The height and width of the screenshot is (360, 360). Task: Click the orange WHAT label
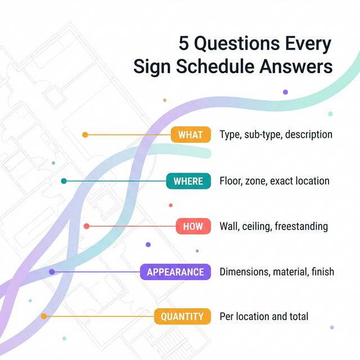[x=191, y=135]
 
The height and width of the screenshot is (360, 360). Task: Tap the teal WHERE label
[x=188, y=181]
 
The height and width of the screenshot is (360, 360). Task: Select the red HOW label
[x=193, y=226]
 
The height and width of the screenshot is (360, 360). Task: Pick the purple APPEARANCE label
[x=175, y=272]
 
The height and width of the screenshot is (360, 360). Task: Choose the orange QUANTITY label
[x=182, y=317]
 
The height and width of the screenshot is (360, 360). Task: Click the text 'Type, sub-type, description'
[x=276, y=135]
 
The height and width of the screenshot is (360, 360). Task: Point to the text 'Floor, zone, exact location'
[x=274, y=181]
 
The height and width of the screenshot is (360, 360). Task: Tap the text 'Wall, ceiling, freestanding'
[x=273, y=227]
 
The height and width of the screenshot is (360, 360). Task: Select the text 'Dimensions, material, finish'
[x=277, y=272]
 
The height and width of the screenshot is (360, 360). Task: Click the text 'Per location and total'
[x=264, y=317]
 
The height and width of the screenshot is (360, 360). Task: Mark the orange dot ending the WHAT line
[x=85, y=135]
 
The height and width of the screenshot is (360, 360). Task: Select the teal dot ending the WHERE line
[x=64, y=181]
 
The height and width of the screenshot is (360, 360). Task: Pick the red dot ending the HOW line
[x=87, y=226]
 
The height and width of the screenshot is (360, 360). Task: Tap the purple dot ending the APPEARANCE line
[x=52, y=272]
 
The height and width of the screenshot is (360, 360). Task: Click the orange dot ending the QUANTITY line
[x=44, y=317]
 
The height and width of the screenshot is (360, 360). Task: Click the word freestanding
[x=301, y=227]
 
